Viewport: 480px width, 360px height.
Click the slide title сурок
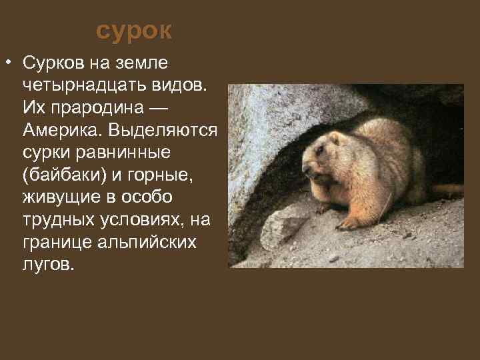(134, 31)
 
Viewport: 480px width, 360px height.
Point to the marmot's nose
(306, 167)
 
